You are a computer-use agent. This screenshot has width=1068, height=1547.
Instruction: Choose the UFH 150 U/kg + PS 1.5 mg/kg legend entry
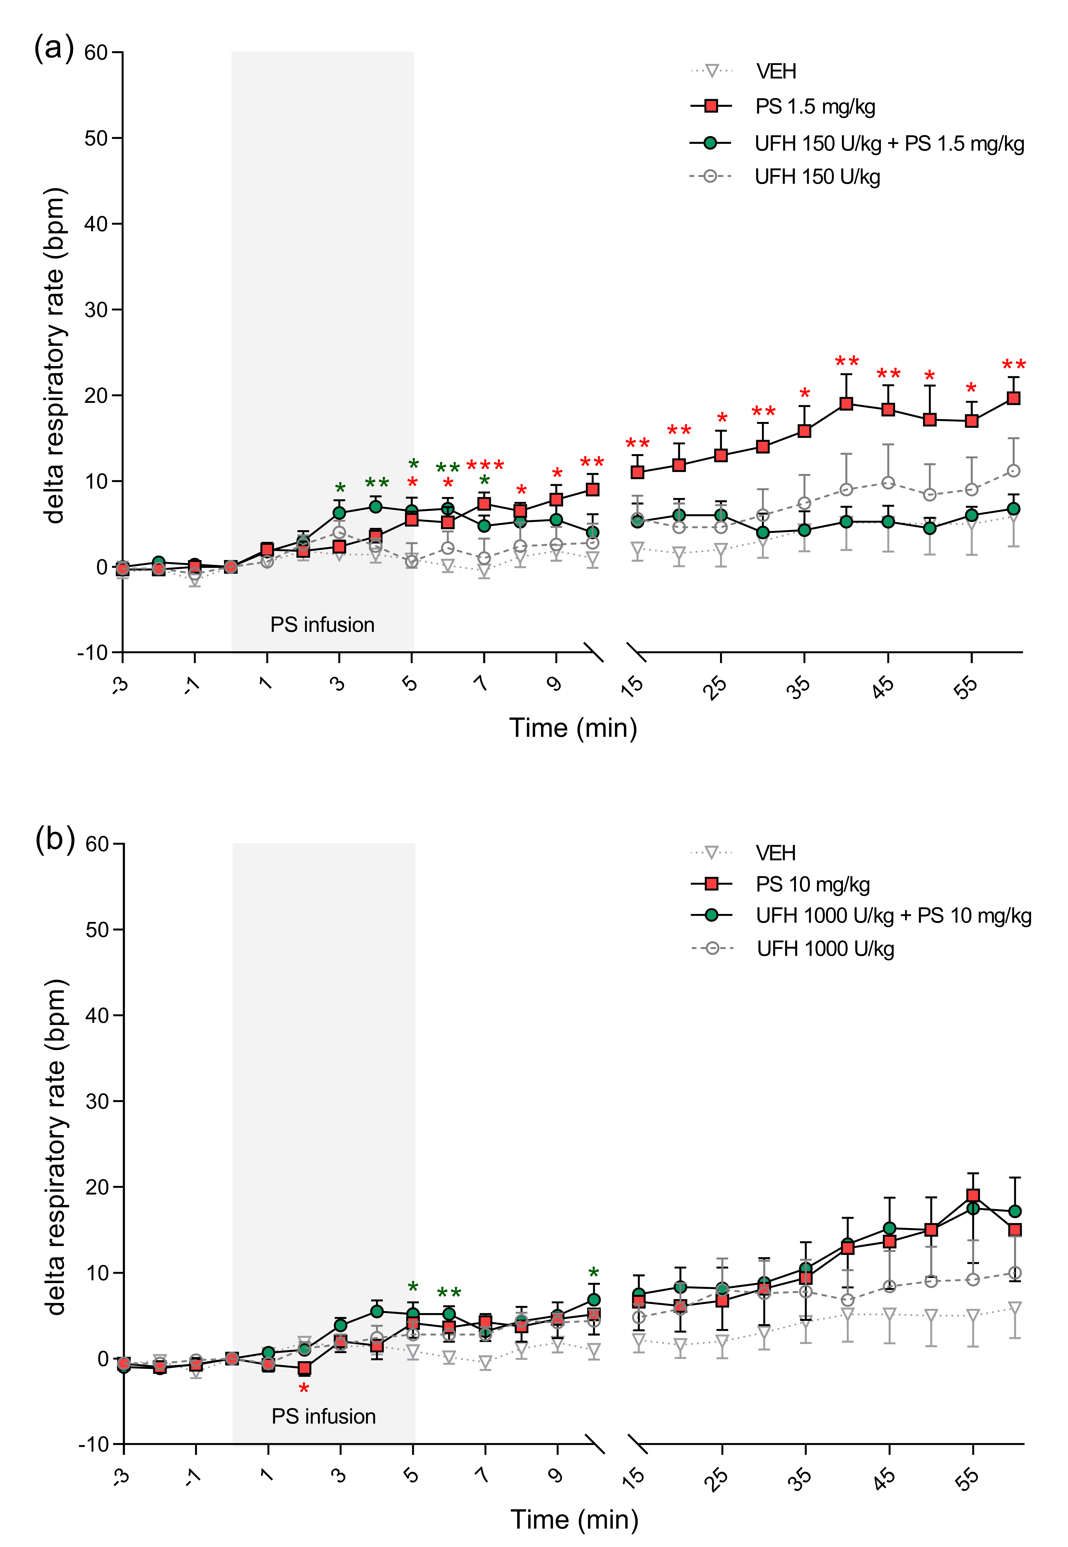889,143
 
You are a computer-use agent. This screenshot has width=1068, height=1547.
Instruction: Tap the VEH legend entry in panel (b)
776,853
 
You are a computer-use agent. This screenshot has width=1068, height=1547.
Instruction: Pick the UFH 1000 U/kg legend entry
825,949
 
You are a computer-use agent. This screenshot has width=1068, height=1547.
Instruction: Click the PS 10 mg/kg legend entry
812,884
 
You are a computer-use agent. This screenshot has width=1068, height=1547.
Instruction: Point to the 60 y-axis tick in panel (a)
96,52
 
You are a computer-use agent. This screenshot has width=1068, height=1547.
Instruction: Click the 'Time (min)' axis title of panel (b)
574,1520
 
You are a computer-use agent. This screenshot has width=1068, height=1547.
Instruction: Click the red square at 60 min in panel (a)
1014,398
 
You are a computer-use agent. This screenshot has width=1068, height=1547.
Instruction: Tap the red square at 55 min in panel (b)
973,1196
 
